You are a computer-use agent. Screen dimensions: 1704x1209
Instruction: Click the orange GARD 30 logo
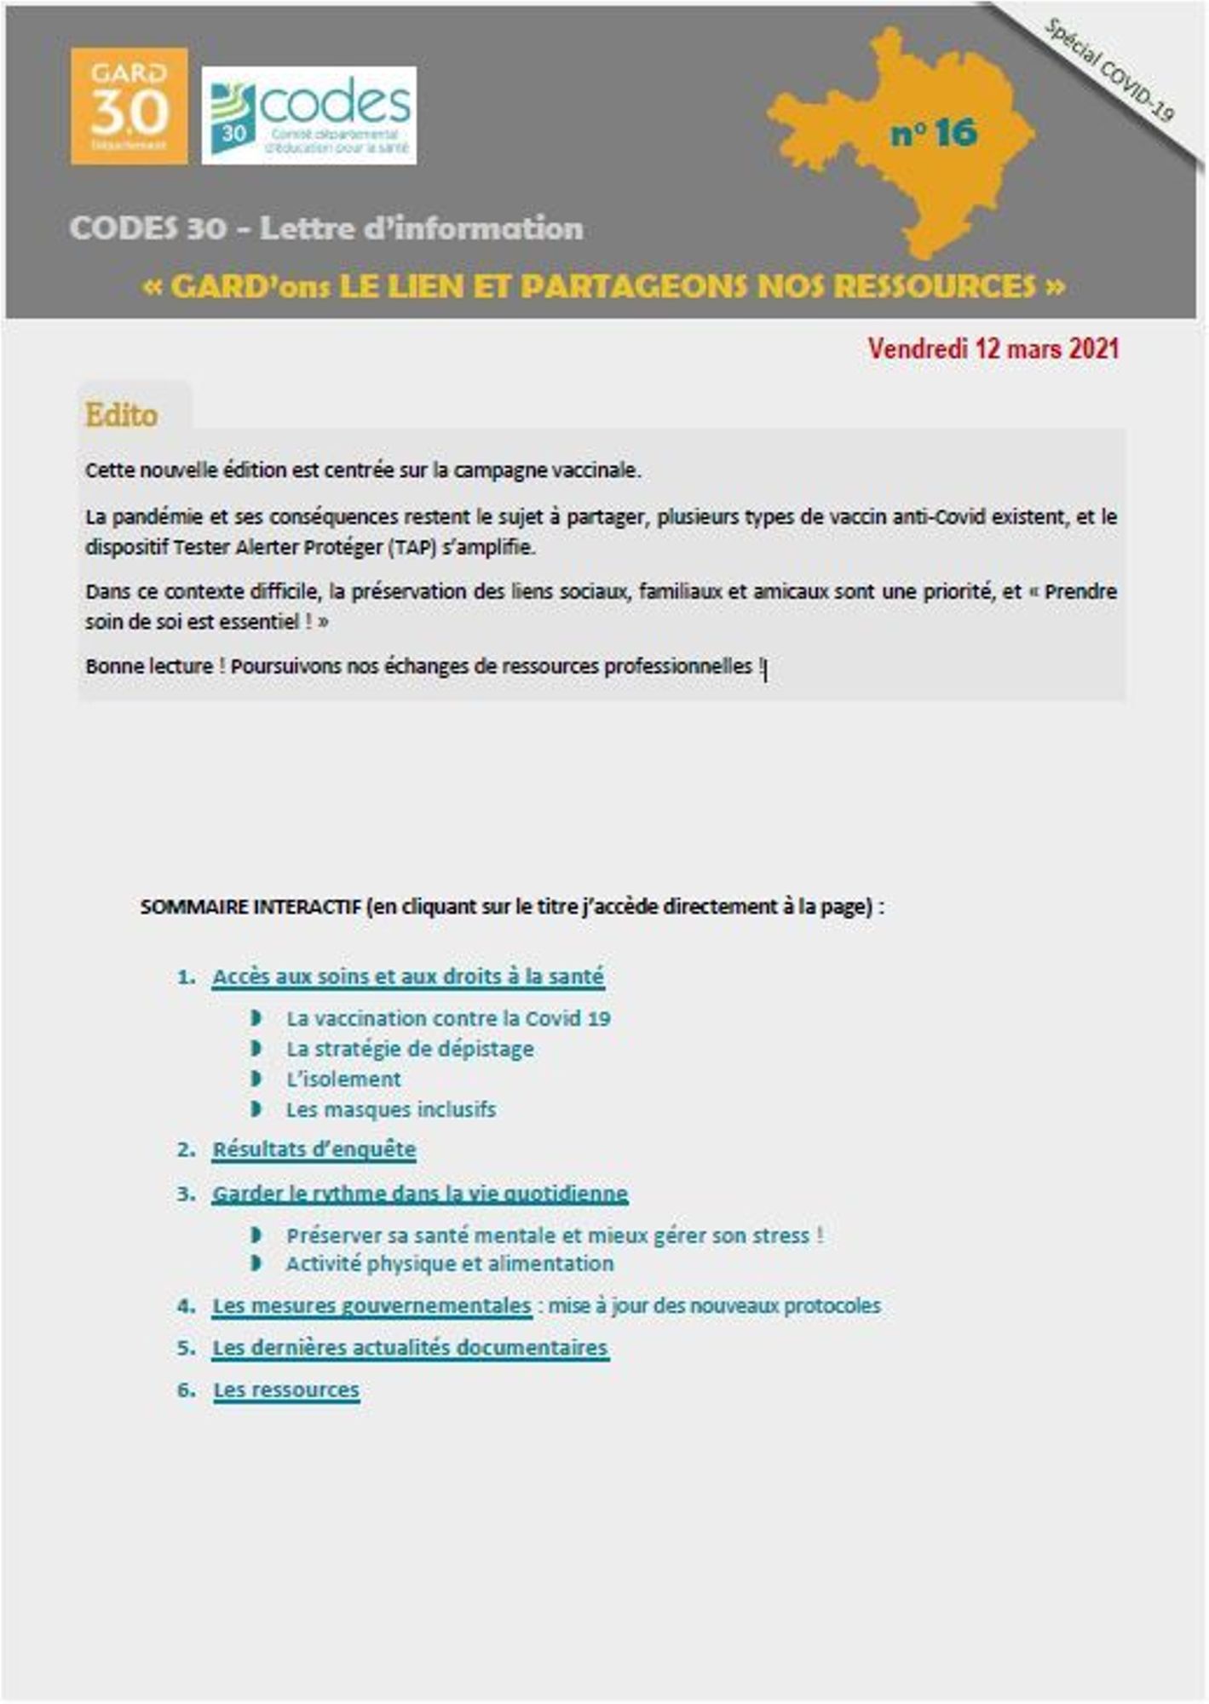129,106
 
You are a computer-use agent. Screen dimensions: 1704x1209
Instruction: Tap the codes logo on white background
309,115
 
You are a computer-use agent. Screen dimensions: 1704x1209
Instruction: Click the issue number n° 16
934,133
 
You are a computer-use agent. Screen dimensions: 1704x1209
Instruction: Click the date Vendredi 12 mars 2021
993,348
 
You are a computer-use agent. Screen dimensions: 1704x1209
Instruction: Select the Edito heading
121,415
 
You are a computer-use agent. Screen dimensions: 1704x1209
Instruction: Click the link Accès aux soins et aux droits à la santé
408,976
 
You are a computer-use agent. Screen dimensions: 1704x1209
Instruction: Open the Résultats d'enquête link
314,1149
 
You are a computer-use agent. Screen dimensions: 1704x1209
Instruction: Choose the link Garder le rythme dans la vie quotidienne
420,1193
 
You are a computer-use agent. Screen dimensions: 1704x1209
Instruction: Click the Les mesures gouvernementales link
371,1305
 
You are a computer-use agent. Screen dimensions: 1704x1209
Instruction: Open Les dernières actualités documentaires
410,1347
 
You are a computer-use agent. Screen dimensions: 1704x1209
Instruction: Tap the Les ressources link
286,1390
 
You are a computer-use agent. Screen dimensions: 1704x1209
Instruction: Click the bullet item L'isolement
343,1079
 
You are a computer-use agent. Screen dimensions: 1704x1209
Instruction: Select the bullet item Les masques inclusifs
391,1109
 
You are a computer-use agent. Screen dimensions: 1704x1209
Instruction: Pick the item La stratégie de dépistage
410,1048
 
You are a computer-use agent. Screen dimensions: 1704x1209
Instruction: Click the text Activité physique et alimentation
450,1264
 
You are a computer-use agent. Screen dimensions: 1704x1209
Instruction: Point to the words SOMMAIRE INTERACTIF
250,907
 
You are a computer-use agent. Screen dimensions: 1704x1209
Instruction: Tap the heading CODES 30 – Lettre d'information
326,228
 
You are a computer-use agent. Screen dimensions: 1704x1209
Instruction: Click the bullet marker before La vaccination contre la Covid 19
256,1017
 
